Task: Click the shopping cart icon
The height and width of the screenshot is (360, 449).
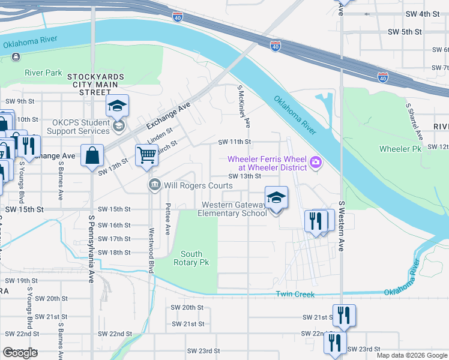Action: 146,155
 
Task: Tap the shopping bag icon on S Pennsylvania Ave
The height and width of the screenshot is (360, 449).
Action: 92,155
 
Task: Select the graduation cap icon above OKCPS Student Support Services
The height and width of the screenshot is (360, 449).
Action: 118,106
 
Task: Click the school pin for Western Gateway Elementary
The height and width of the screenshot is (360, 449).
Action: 276,197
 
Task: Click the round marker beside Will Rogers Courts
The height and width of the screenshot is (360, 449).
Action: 155,185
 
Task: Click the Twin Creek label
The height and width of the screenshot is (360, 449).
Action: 295,294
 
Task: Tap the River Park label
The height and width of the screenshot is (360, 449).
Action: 43,73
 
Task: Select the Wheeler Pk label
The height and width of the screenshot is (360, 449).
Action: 400,148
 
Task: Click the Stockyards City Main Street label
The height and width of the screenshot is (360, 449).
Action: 95,85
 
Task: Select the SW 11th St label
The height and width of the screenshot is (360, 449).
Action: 234,142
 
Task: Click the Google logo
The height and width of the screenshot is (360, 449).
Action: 20,353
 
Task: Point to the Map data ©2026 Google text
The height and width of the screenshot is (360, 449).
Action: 411,355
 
